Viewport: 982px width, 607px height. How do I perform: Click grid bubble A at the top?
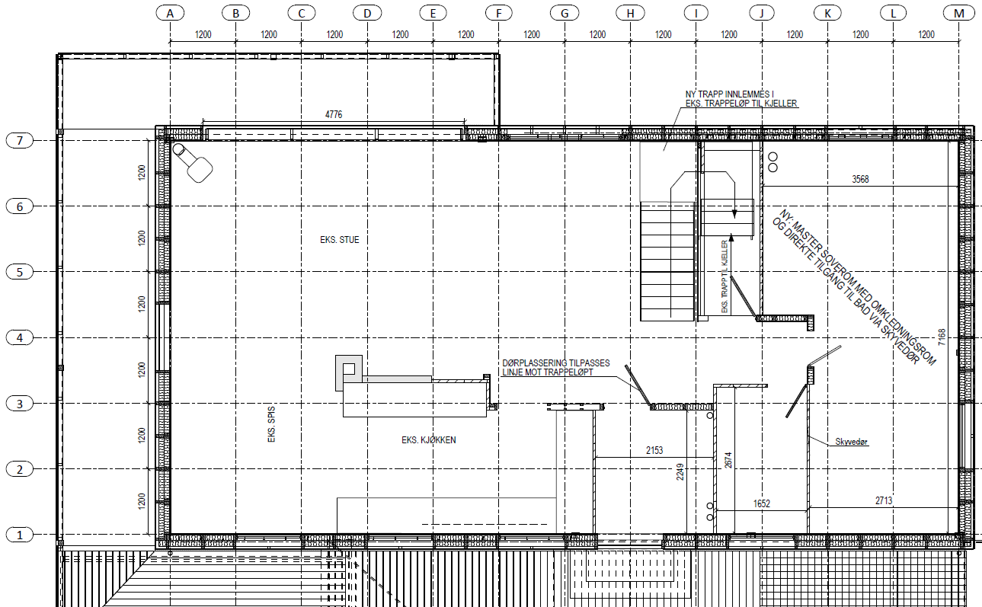tap(170, 14)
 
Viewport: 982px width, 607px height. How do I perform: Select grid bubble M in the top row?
tap(959, 14)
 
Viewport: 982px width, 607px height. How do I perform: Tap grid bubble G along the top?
tap(565, 14)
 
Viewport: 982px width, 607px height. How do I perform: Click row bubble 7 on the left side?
tap(20, 141)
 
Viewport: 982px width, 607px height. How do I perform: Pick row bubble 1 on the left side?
tap(20, 535)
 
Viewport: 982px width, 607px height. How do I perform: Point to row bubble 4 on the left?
tap(20, 338)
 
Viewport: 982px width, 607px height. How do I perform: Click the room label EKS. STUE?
tap(339, 240)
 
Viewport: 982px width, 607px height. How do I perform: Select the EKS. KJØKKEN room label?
tap(429, 439)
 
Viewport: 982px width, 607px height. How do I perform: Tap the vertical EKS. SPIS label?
tap(271, 424)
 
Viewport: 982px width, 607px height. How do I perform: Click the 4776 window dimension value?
tap(334, 114)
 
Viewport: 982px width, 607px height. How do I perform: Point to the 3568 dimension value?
tap(860, 179)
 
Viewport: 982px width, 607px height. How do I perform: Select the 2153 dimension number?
tap(654, 450)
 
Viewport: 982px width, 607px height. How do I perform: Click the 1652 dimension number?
tap(762, 503)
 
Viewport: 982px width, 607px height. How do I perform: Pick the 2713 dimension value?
tap(884, 500)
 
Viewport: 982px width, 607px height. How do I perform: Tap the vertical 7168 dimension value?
tap(942, 337)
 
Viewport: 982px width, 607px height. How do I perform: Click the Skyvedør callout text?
tap(852, 442)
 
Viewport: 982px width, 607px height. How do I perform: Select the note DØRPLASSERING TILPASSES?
tap(556, 363)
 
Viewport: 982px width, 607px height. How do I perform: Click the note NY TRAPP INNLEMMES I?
tap(730, 94)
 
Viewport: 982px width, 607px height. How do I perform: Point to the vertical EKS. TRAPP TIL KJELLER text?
tap(725, 276)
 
